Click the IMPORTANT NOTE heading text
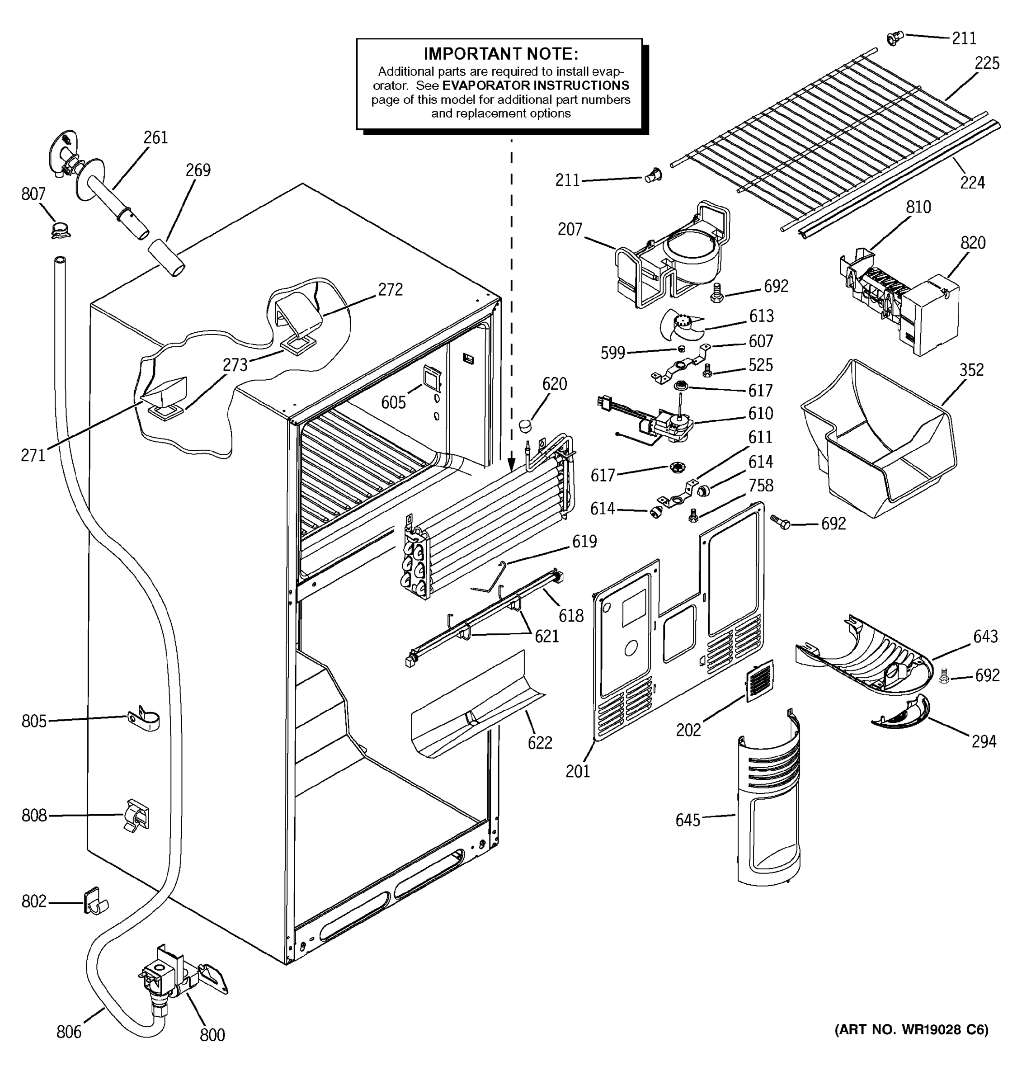click(x=500, y=54)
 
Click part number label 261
click(x=155, y=137)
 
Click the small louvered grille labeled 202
click(x=759, y=680)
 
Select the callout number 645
click(x=687, y=820)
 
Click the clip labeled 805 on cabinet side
click(x=144, y=719)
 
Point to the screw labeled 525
click(x=708, y=371)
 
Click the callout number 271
click(x=33, y=455)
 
